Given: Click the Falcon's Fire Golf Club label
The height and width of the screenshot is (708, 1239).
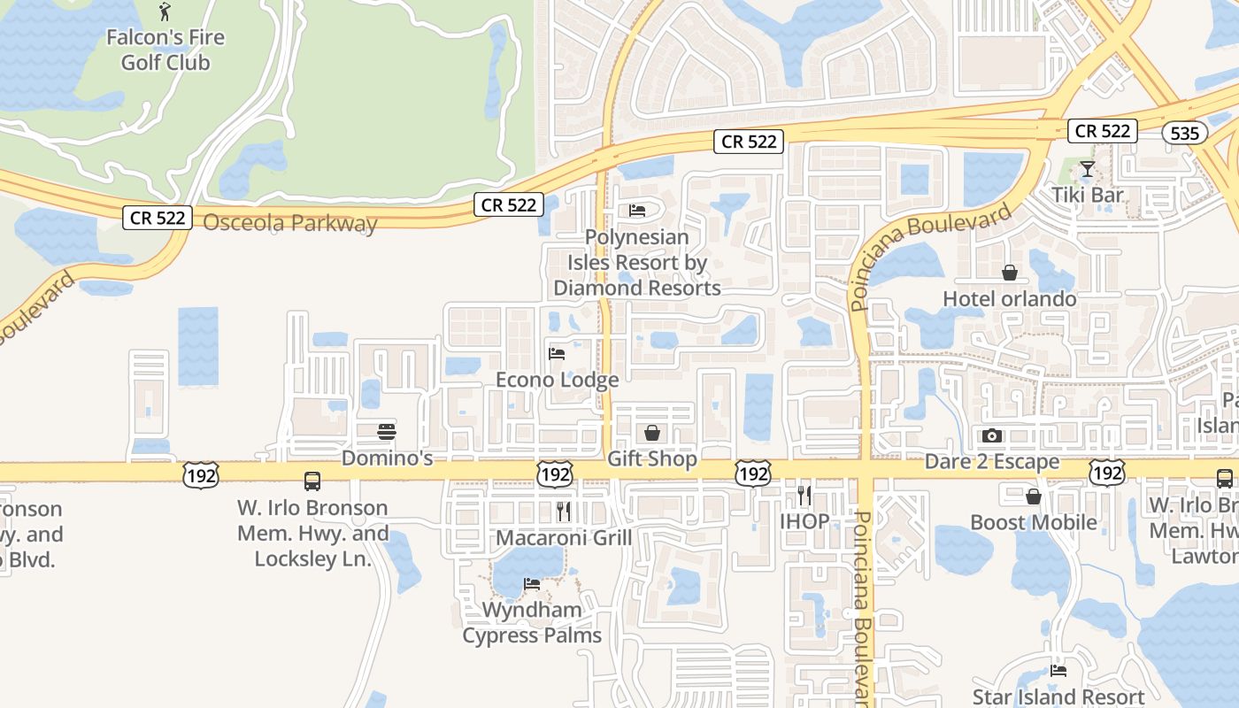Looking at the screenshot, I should (165, 50).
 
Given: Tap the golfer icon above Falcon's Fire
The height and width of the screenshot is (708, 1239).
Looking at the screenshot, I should (165, 12).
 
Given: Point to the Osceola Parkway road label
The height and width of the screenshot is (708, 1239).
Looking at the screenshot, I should (290, 222).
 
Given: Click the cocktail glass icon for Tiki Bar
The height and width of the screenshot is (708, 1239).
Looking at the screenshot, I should (1088, 169).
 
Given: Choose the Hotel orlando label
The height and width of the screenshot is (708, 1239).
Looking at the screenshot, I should (1010, 298).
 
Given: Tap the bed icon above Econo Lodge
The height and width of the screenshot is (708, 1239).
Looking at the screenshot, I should (557, 354).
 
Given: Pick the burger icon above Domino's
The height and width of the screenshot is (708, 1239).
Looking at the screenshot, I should (387, 432).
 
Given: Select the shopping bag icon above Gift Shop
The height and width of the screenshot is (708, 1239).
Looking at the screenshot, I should (652, 433).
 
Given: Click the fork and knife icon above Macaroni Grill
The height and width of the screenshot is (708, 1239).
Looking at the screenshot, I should (564, 511).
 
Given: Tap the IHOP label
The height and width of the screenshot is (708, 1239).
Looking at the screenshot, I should (804, 521).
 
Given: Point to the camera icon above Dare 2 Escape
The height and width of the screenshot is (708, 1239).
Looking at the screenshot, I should (992, 435).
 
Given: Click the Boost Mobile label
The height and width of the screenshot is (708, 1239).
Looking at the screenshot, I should (1034, 522).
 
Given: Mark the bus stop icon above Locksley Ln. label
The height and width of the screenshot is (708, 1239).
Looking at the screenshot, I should (312, 481).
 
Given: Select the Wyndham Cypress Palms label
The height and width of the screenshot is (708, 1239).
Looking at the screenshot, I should (532, 622).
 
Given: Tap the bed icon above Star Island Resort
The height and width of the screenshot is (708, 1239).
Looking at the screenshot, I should (1058, 670).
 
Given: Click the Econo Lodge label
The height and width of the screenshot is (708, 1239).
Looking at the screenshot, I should (557, 380).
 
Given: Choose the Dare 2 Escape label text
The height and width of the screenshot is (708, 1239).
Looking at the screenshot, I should (992, 462).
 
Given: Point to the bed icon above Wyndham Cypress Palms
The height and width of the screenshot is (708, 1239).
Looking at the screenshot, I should (532, 583).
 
